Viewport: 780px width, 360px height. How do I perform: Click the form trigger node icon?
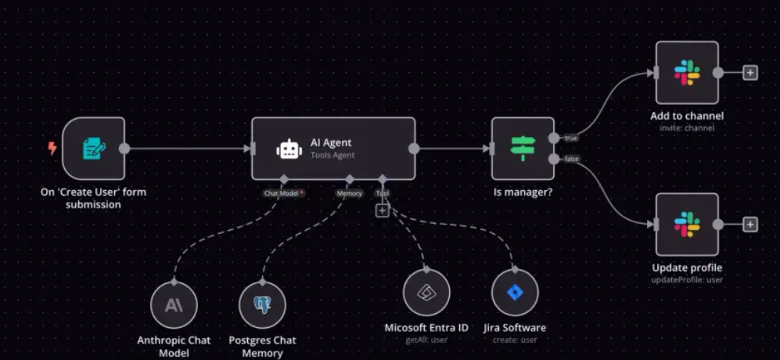point(93,149)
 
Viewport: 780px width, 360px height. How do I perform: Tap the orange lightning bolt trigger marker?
point(52,148)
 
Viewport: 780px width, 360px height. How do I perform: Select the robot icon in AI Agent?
point(289,149)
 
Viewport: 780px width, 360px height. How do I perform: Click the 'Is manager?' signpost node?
point(522,149)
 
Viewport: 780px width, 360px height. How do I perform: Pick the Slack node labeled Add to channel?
point(687,73)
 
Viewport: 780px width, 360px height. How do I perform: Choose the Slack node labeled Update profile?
point(687,225)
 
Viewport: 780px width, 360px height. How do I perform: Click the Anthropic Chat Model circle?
point(174,305)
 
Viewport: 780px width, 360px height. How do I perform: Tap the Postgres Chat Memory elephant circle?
point(262,305)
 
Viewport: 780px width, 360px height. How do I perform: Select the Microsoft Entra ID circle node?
point(426,293)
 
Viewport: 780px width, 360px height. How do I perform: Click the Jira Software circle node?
point(515,293)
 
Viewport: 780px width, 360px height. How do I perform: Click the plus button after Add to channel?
point(749,73)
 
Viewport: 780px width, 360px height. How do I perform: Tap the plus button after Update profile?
point(749,225)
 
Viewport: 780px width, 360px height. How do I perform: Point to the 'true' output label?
point(570,139)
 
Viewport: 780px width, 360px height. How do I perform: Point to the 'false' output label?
point(571,159)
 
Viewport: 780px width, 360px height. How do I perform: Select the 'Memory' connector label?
point(349,193)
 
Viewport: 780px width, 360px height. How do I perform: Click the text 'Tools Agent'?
point(332,156)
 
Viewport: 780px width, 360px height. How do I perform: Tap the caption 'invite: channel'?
point(687,128)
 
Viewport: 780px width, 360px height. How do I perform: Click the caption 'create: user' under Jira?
point(514,340)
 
